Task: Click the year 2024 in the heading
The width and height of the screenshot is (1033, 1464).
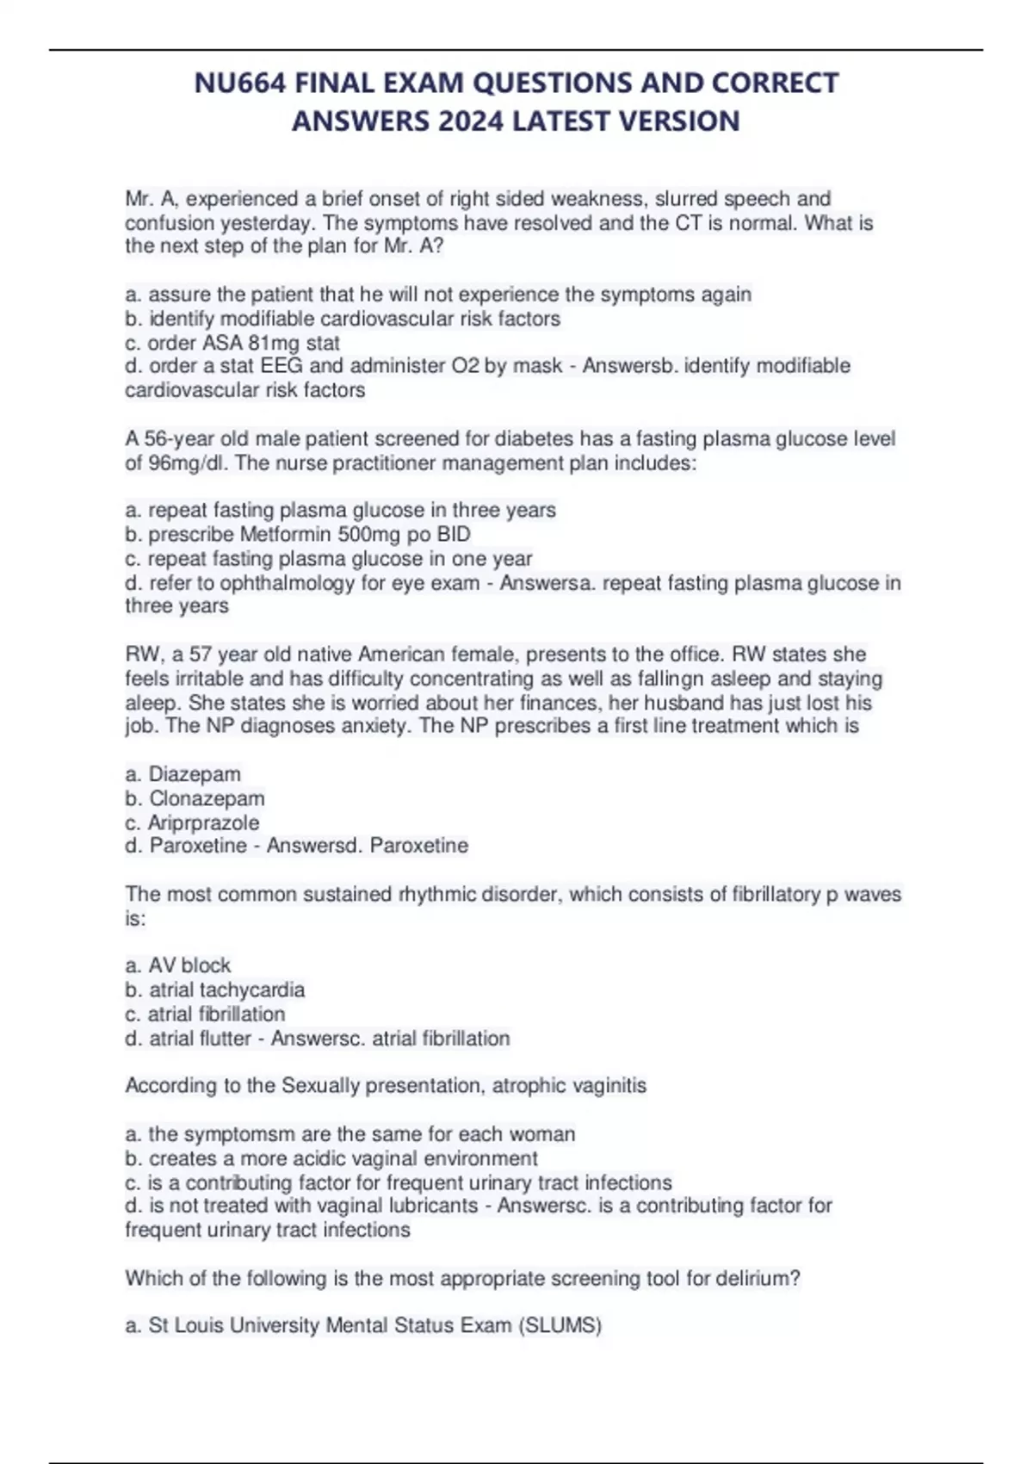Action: [470, 121]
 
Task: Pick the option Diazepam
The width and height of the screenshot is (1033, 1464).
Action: [195, 774]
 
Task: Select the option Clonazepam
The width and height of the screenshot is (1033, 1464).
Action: [207, 798]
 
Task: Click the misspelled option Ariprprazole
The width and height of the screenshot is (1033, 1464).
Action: [203, 822]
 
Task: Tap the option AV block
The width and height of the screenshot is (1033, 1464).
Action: [189, 965]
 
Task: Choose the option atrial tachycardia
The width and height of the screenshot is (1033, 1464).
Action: [226, 989]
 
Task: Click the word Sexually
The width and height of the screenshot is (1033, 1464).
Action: [323, 1085]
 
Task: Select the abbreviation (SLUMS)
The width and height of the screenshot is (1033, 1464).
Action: [560, 1325]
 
